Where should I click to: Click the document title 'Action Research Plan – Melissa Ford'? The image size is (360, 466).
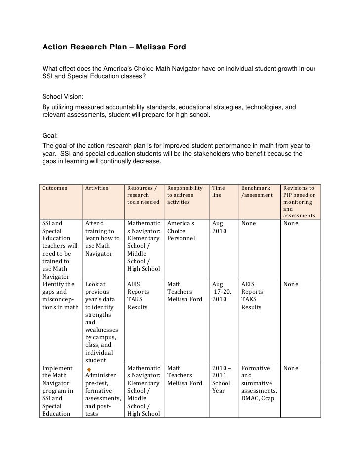tap(114, 48)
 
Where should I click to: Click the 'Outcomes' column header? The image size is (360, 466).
tap(55, 188)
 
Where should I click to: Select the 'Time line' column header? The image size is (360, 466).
tap(218, 191)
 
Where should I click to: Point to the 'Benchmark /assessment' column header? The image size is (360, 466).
tap(257, 191)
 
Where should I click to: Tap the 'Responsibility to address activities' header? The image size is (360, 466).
tap(184, 195)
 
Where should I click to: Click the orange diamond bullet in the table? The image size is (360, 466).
tap(89, 370)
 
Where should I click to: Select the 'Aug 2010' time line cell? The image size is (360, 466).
tap(219, 227)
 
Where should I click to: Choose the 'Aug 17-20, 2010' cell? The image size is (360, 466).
tap(220, 292)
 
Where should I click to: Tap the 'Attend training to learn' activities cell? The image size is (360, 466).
tap(102, 238)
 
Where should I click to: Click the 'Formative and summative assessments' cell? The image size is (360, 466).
tap(259, 383)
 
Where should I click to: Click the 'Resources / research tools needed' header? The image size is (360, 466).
tap(143, 195)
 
